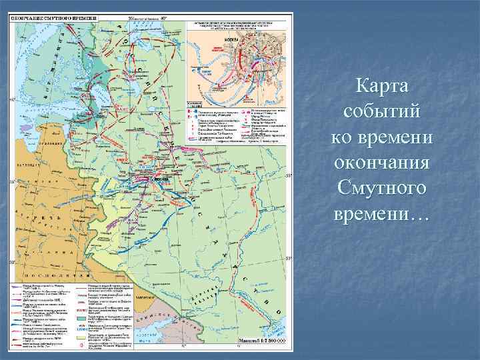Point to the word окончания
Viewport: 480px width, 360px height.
coord(383,164)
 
